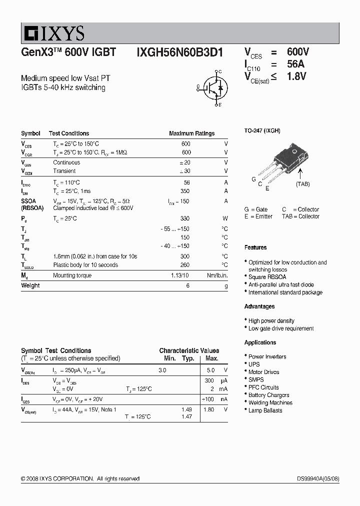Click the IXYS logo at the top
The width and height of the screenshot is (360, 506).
[x=53, y=33]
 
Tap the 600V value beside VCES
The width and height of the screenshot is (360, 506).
[x=298, y=52]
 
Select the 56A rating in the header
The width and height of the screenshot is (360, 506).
[x=295, y=64]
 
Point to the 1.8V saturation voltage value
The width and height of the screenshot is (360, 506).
[x=296, y=76]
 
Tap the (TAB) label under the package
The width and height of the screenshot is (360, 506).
[x=302, y=184]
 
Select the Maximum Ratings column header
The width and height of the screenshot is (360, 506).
[x=191, y=133]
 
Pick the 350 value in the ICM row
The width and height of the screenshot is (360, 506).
[x=185, y=191]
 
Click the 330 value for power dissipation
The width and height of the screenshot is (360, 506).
[x=185, y=218]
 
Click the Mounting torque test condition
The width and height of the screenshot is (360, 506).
[x=72, y=275]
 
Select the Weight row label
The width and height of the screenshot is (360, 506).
[x=30, y=285]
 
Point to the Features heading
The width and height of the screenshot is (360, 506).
[x=255, y=247]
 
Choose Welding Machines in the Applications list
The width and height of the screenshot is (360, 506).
[x=270, y=402]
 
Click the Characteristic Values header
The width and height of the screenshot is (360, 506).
[x=189, y=350]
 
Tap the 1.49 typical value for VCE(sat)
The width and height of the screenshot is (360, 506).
[x=186, y=409]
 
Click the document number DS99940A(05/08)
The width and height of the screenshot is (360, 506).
[x=318, y=478]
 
